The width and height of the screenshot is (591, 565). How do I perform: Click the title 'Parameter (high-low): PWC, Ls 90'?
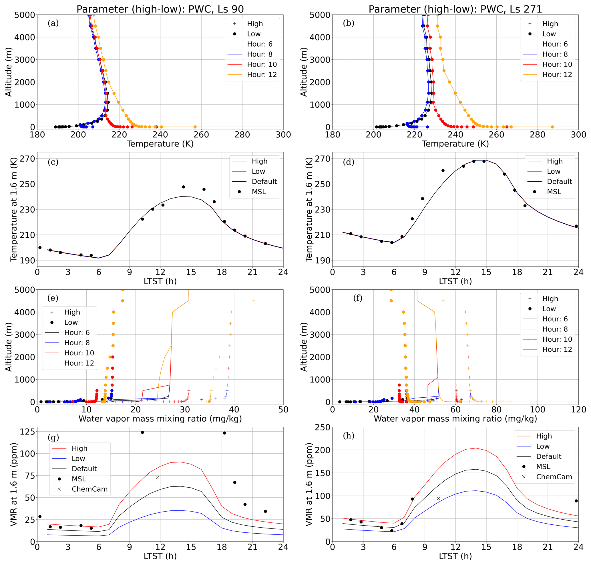click(160, 9)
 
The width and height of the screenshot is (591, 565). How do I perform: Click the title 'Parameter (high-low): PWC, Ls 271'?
click(455, 9)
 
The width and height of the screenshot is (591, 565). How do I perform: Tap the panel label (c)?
click(53, 162)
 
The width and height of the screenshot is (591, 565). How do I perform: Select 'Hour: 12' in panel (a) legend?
click(262, 74)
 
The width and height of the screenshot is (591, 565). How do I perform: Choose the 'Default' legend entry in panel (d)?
click(559, 182)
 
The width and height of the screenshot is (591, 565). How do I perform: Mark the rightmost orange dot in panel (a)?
click(195, 127)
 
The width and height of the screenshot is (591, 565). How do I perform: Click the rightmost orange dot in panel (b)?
click(552, 127)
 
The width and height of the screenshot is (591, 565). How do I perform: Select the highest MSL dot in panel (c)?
click(183, 187)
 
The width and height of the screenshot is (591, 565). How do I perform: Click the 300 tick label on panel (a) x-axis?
click(283, 135)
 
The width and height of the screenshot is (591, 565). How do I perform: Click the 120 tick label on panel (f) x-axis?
click(578, 410)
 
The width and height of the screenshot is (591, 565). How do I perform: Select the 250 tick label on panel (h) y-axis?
click(322, 427)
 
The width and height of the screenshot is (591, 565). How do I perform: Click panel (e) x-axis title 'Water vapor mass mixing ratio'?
click(160, 419)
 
